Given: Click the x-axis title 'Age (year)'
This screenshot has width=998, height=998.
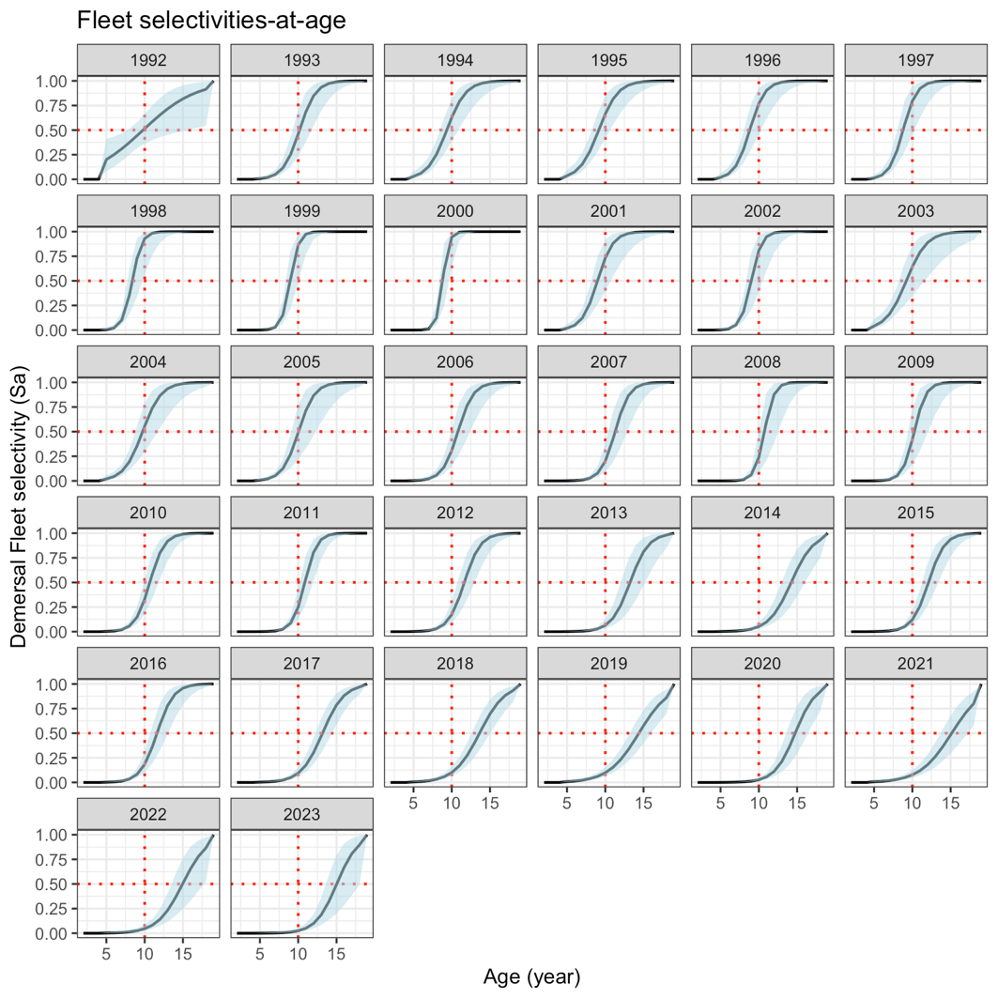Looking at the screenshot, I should point(532,976).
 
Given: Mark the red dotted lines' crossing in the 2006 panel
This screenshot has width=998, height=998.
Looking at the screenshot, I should point(452,431).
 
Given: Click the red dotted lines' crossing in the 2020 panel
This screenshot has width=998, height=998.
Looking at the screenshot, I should point(759,732).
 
